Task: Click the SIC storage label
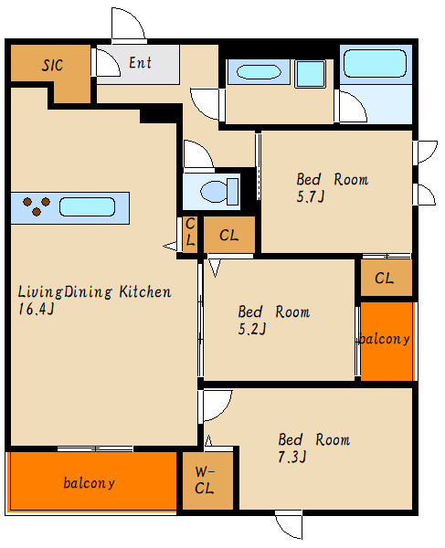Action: (x=52, y=65)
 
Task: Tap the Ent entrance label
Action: (x=140, y=63)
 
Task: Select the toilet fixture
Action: (x=219, y=191)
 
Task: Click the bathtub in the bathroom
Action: (x=375, y=63)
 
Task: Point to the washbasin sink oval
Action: (x=259, y=72)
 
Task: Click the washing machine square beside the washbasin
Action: (x=311, y=74)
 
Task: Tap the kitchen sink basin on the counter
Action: (x=87, y=207)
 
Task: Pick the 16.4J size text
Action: (x=37, y=309)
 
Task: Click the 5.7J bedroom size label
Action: (x=311, y=196)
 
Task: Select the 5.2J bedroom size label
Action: (x=252, y=329)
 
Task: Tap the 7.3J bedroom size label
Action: (x=292, y=457)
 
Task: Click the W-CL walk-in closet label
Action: (x=205, y=480)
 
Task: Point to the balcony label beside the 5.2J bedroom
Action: (x=385, y=339)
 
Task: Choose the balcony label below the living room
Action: (x=89, y=483)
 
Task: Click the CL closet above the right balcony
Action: (x=384, y=279)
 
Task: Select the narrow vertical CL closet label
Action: (x=190, y=232)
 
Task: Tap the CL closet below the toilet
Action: (x=229, y=236)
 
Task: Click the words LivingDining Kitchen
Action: (x=94, y=292)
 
